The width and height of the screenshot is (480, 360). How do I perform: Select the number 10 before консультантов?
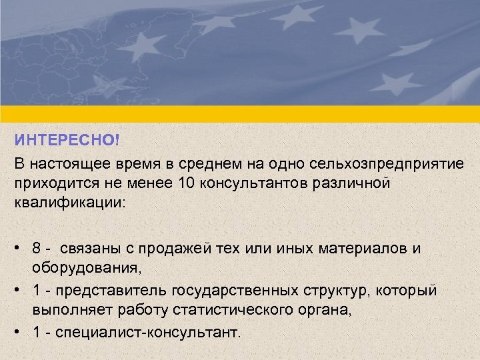(187, 183)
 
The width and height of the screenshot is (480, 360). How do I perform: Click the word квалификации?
(69, 202)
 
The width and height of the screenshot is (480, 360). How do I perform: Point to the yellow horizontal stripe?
(240, 114)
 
